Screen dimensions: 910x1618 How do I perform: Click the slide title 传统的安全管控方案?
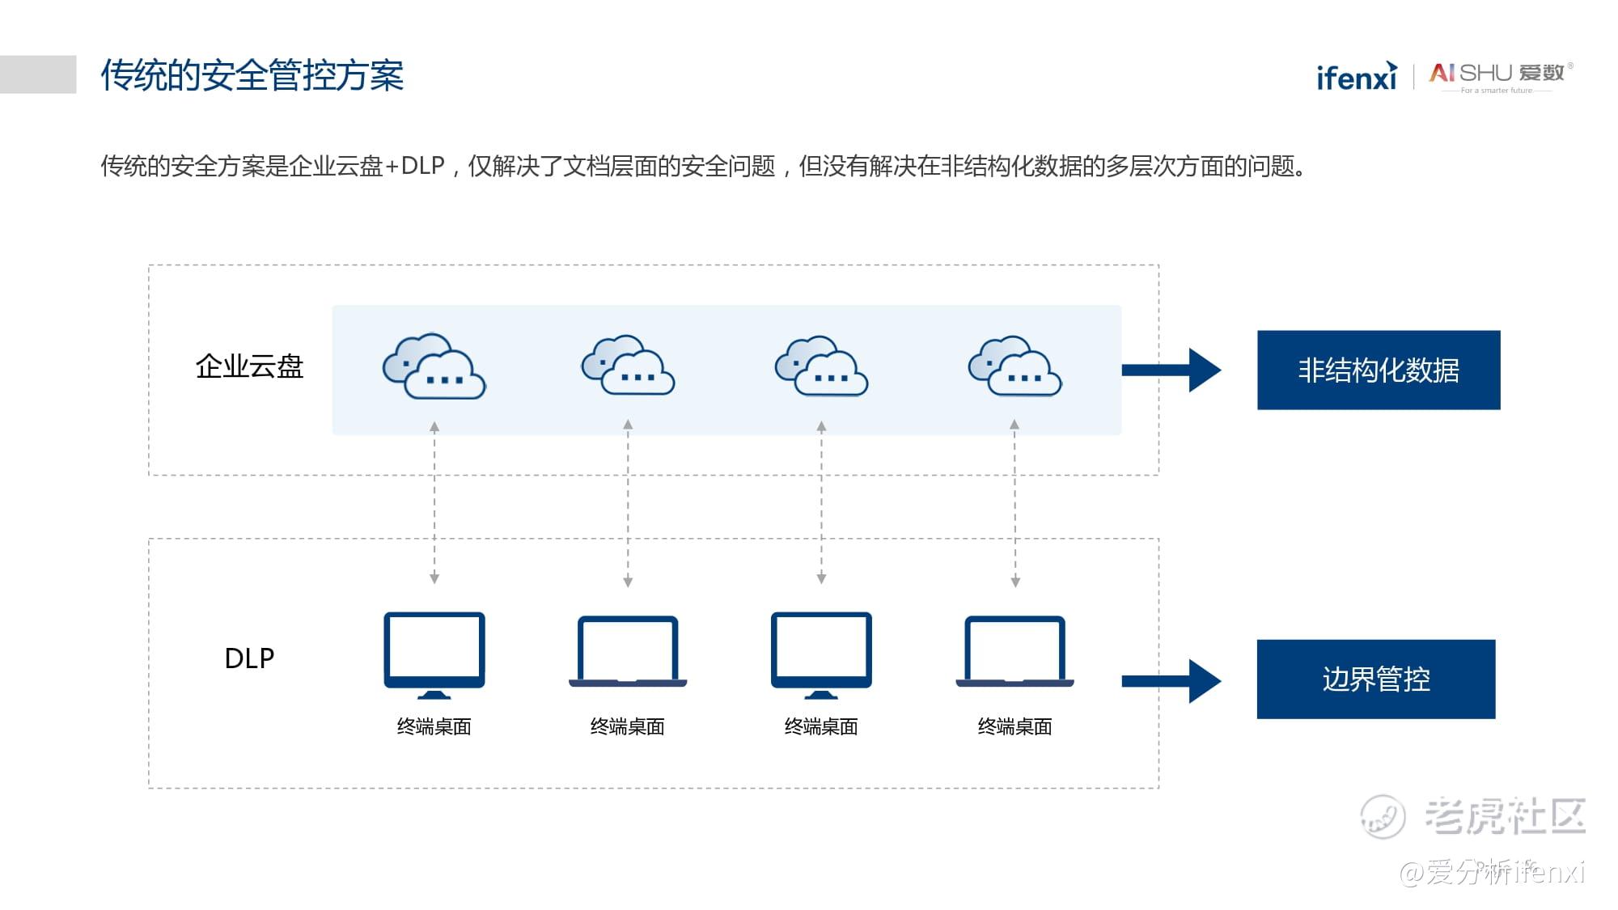tap(252, 75)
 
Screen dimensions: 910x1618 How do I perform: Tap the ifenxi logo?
tap(1357, 77)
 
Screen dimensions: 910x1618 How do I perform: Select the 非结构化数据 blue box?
tap(1378, 370)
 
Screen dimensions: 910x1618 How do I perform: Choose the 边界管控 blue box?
tap(1375, 679)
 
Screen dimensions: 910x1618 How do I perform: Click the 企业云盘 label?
tap(249, 366)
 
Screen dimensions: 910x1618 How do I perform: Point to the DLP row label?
tap(249, 658)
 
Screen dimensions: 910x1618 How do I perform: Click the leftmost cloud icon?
tap(434, 366)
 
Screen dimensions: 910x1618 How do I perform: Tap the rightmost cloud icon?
tap(1015, 366)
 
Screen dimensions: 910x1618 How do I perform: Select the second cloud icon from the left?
tap(628, 366)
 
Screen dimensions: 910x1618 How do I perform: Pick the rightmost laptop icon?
tap(1014, 652)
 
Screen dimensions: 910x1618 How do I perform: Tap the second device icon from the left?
tap(628, 652)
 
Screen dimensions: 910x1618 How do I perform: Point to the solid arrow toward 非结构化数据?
tap(1170, 370)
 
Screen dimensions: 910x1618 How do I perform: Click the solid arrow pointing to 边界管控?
tap(1170, 681)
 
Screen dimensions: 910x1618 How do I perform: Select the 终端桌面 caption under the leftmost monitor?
tap(434, 726)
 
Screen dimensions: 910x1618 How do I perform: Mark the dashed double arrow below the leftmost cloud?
tap(434, 502)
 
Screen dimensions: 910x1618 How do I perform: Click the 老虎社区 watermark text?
tap(1504, 815)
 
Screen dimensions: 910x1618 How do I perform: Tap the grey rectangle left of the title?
tap(38, 74)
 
